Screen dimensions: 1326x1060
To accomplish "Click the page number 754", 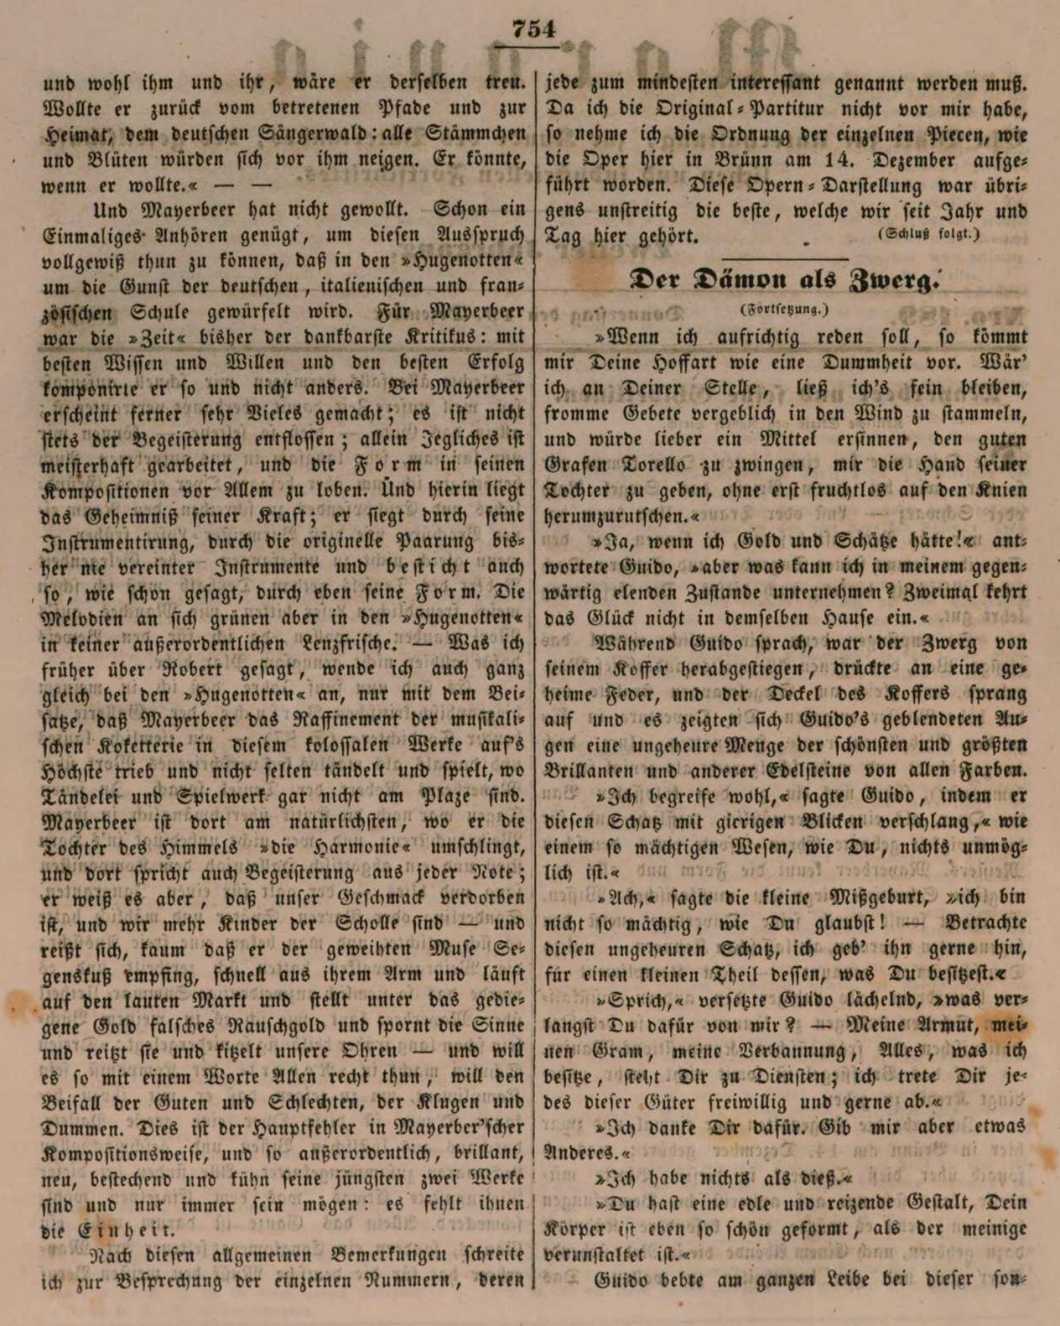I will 534,29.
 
